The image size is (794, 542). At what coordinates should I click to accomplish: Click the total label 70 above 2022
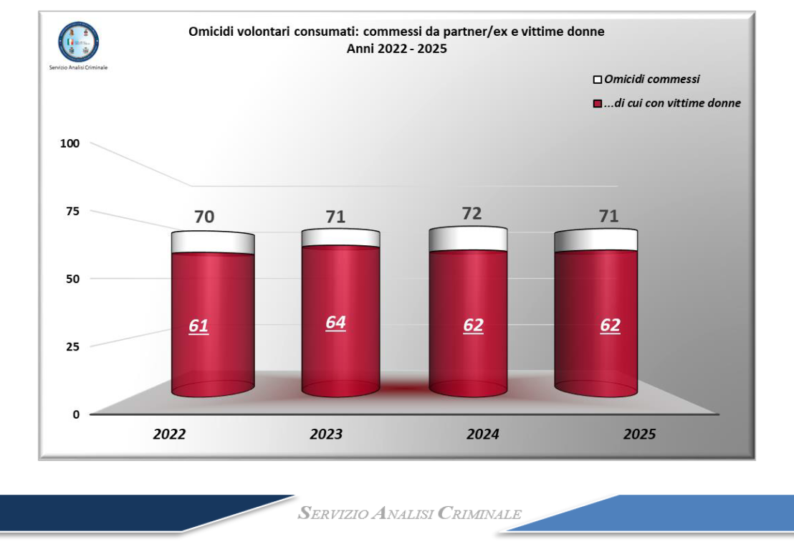[x=204, y=217]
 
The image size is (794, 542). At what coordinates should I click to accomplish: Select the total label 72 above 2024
[x=472, y=213]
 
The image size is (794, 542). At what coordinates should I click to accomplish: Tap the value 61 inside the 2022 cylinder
[x=198, y=326]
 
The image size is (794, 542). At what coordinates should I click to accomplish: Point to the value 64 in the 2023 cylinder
[x=335, y=323]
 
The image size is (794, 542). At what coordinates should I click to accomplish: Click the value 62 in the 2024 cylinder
[x=473, y=325]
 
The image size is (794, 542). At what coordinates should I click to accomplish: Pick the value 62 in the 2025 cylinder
[x=610, y=325]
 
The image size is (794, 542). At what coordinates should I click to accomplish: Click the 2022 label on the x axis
[x=169, y=434]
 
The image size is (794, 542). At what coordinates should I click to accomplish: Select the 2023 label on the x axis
[x=326, y=434]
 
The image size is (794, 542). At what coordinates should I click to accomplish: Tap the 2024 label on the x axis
[x=482, y=434]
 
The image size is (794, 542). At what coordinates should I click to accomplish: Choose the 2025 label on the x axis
[x=638, y=434]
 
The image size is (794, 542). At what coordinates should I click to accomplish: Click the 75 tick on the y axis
[x=72, y=211]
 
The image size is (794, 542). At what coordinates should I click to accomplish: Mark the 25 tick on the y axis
[x=72, y=346]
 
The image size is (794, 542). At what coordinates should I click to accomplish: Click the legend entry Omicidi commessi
[x=652, y=80]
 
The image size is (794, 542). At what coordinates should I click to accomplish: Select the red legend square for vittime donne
[x=597, y=104]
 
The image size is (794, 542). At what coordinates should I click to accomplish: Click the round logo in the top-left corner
[x=79, y=40]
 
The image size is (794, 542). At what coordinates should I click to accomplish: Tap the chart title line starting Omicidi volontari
[x=396, y=32]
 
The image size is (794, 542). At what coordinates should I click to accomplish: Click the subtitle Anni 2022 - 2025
[x=396, y=49]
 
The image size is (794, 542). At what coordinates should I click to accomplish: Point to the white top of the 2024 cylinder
[x=468, y=239]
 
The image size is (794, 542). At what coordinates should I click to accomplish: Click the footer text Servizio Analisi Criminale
[x=410, y=514]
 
